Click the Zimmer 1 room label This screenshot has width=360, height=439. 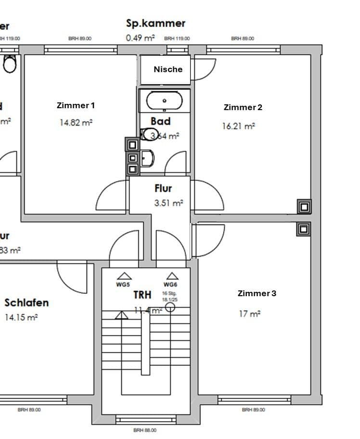(x=76, y=105)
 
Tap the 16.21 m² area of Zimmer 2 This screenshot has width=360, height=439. (x=238, y=126)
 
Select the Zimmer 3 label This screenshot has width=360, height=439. (x=257, y=293)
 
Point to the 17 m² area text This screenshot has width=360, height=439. (x=249, y=314)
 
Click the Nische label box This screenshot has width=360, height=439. (x=168, y=69)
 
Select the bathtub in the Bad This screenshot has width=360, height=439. (x=165, y=101)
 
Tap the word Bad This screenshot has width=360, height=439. (x=160, y=121)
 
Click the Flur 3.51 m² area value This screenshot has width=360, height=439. (x=168, y=203)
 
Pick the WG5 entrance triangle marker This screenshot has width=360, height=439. (x=125, y=276)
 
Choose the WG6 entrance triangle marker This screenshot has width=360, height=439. (x=172, y=276)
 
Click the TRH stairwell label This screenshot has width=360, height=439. (x=142, y=295)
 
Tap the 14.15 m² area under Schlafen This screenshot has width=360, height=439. (x=21, y=317)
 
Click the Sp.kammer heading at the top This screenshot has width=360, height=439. (x=155, y=23)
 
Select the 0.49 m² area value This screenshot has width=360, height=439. (x=141, y=38)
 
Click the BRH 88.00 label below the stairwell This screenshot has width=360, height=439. (x=145, y=430)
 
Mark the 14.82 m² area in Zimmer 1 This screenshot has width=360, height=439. (x=76, y=123)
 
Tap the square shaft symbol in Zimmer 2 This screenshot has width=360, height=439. (x=304, y=207)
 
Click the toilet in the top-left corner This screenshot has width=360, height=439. (x=9, y=63)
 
